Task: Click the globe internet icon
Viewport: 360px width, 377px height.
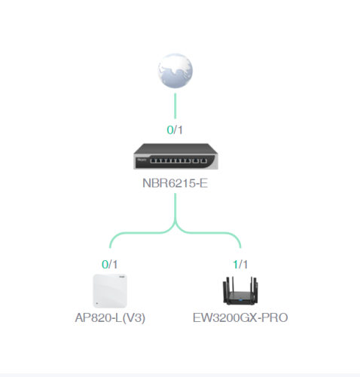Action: click(175, 71)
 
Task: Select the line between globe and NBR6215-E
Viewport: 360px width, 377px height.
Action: click(175, 106)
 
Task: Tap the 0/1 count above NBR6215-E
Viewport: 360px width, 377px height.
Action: click(175, 130)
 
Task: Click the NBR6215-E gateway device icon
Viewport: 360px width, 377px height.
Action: click(175, 156)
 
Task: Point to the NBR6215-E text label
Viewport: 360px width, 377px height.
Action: click(175, 183)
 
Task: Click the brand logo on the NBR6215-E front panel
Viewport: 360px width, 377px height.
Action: click(142, 160)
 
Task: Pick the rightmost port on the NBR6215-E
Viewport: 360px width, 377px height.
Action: click(204, 161)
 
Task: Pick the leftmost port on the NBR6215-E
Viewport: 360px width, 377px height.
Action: click(153, 161)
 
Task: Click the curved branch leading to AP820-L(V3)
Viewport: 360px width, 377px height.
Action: click(141, 232)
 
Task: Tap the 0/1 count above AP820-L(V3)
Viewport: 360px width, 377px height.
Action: click(110, 265)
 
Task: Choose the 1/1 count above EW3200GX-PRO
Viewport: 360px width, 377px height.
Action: click(240, 265)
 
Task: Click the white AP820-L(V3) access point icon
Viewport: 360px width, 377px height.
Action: click(110, 291)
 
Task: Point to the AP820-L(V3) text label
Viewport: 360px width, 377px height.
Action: click(110, 318)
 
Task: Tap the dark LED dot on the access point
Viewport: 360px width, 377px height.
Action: click(97, 304)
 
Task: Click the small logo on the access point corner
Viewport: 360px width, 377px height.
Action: click(122, 277)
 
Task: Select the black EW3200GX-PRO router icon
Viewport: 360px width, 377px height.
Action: click(240, 291)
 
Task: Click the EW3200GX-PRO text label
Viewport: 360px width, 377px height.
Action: click(240, 318)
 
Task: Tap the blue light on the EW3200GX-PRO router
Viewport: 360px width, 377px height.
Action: click(240, 300)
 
